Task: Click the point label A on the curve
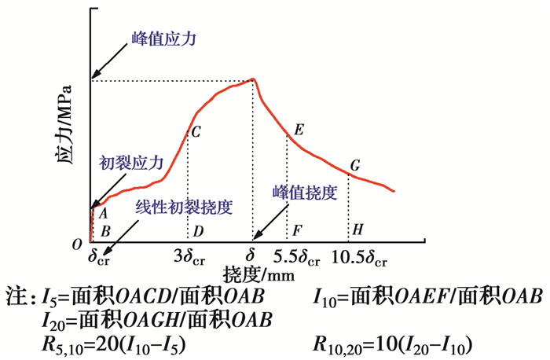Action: (103, 211)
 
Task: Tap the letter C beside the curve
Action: (196, 132)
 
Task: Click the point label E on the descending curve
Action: (299, 129)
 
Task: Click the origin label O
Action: (76, 245)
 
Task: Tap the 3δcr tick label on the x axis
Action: (189, 255)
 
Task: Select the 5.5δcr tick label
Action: (297, 255)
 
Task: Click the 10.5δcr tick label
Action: (358, 255)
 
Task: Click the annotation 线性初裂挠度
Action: (185, 207)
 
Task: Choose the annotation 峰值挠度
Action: (305, 191)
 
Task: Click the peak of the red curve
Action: (253, 79)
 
